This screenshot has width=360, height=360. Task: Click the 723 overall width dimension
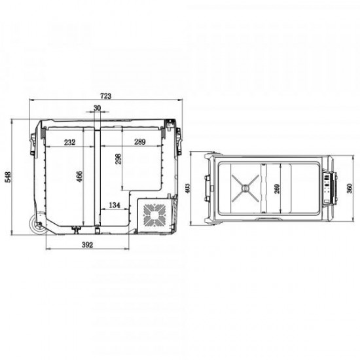pos(105,96)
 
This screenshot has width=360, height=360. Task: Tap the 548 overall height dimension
pos(8,177)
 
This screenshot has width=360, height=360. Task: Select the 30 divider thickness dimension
pos(97,108)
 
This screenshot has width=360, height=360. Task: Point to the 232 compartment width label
pos(69,142)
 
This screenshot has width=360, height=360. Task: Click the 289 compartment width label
pos(140,142)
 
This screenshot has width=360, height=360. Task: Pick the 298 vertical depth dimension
pos(118,159)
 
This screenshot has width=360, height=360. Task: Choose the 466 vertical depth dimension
pos(79,177)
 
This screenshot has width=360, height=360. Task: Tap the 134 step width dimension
pos(115,205)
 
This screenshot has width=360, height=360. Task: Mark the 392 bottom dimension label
pos(88,245)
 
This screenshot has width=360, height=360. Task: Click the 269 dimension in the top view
pos(277,189)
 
